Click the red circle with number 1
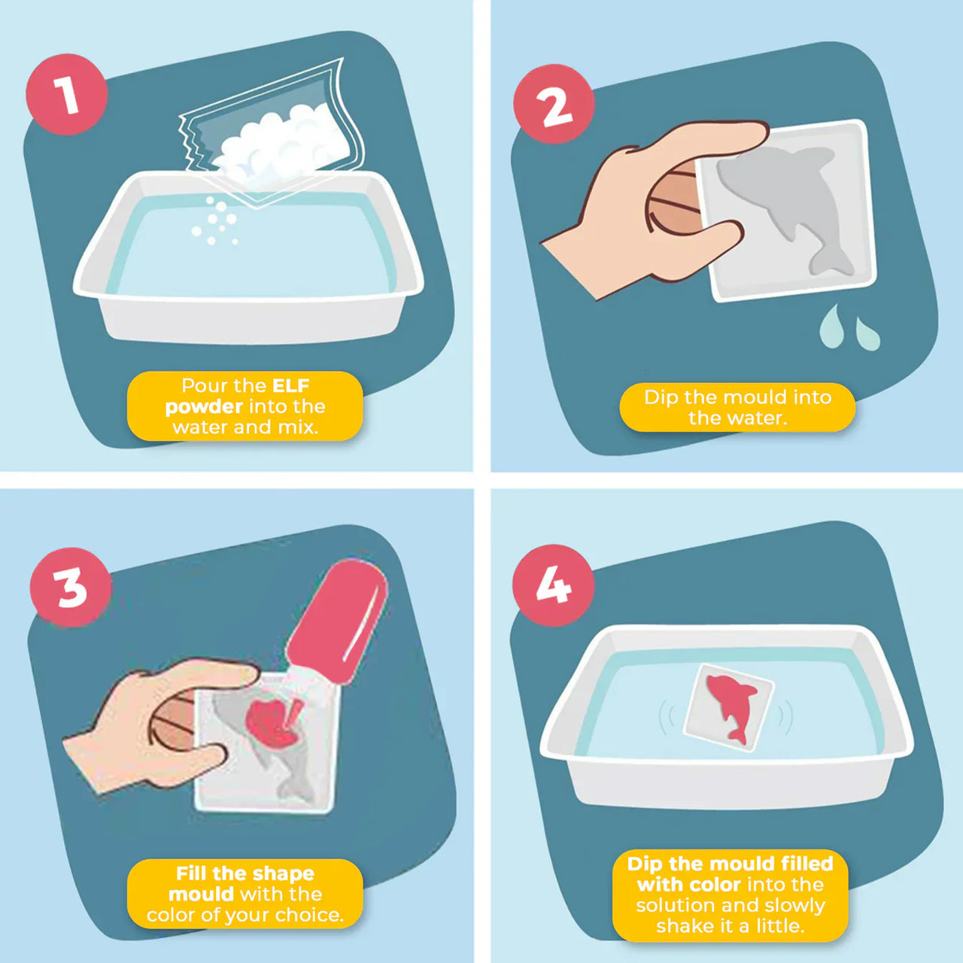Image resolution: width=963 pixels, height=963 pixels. coord(66,95)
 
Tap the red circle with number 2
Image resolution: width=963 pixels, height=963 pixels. coord(554,105)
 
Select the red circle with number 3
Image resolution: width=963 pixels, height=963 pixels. coord(71,588)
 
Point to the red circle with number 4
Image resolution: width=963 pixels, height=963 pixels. coord(553,585)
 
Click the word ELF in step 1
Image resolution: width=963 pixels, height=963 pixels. coord(290,386)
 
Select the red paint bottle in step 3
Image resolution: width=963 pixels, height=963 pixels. coord(339,617)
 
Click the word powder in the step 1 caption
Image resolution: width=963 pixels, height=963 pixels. coord(203,407)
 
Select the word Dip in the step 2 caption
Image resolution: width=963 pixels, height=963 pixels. coord(661,397)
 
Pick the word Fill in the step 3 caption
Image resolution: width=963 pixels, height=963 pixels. coord(192,873)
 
